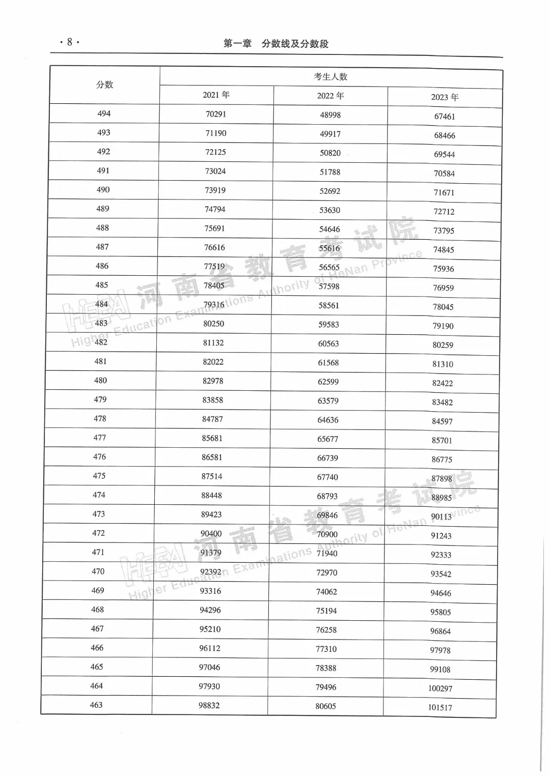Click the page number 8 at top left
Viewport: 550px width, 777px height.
tap(70, 42)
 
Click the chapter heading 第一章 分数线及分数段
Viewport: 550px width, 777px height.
tap(276, 44)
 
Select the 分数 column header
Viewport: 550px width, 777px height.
tap(105, 84)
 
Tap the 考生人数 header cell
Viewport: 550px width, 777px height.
tap(331, 76)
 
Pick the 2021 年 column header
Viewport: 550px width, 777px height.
tap(216, 95)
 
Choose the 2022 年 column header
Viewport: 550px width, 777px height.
tap(331, 96)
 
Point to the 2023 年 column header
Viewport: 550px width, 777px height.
tap(445, 97)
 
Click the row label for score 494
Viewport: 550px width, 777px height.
tap(104, 113)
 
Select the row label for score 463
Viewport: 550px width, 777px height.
tap(96, 705)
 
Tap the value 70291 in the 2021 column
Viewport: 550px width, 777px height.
tap(216, 114)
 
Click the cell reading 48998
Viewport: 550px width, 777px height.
tap(331, 115)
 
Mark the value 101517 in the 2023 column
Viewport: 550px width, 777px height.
tap(440, 707)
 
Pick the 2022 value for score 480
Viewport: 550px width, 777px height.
tap(328, 382)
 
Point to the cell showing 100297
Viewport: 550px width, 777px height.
tap(440, 688)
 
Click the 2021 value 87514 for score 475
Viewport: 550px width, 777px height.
tap(212, 476)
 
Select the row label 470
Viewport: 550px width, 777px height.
tap(98, 571)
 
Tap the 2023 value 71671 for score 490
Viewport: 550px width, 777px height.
tap(444, 192)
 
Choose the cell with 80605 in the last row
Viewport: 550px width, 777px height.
tap(326, 706)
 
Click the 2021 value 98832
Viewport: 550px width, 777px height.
tap(209, 705)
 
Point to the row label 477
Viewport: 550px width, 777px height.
tap(100, 438)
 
